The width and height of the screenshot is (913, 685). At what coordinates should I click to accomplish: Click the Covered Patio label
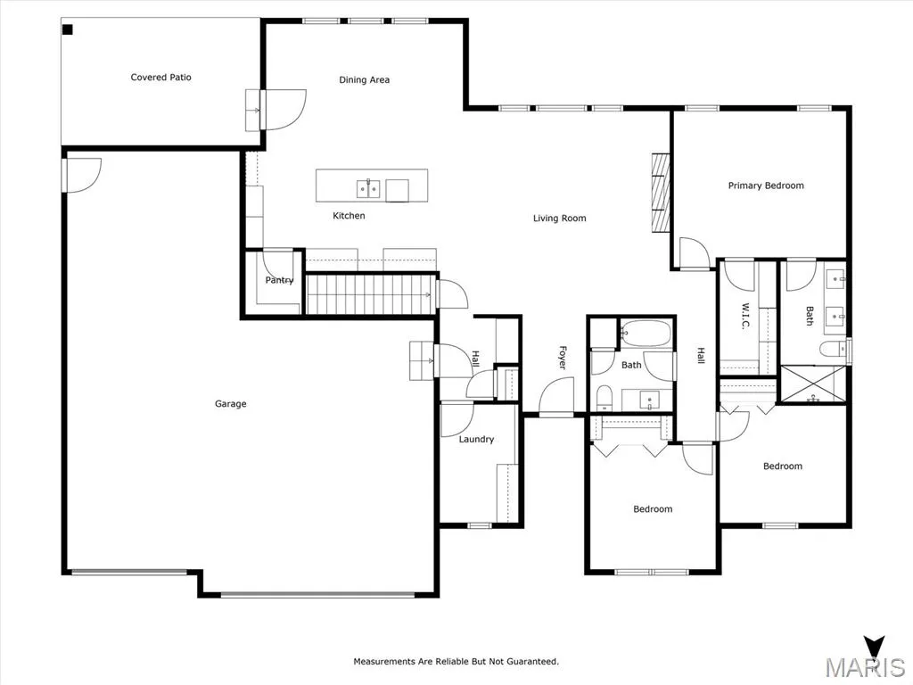(x=160, y=77)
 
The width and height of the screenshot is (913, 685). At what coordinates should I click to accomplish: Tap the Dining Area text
(x=365, y=79)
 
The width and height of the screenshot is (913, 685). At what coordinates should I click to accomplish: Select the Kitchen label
(x=349, y=216)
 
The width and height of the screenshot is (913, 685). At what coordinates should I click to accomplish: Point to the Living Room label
(x=560, y=219)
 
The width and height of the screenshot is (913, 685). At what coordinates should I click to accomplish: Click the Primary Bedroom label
(x=766, y=186)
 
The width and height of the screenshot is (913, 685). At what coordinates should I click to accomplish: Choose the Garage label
(x=231, y=404)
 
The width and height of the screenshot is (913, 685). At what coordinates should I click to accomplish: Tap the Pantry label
(x=279, y=280)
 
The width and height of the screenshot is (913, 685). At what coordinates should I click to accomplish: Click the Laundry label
(x=476, y=439)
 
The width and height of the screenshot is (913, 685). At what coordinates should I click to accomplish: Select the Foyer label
(x=563, y=357)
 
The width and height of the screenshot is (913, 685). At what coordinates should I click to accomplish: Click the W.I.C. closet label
(x=745, y=316)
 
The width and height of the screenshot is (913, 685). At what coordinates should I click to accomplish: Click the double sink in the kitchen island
(x=368, y=189)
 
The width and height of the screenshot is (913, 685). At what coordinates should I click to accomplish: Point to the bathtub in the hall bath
(x=645, y=334)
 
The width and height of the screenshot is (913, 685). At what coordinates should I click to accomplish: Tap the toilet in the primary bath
(x=834, y=350)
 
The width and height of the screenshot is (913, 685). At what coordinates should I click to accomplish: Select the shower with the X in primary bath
(x=812, y=384)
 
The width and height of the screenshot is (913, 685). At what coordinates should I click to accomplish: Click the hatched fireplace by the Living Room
(x=661, y=193)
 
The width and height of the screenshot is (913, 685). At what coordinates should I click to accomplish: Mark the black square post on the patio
(x=68, y=29)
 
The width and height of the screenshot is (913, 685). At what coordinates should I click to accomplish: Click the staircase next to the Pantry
(x=371, y=294)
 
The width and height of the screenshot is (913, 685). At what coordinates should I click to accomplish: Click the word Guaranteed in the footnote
(x=532, y=662)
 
